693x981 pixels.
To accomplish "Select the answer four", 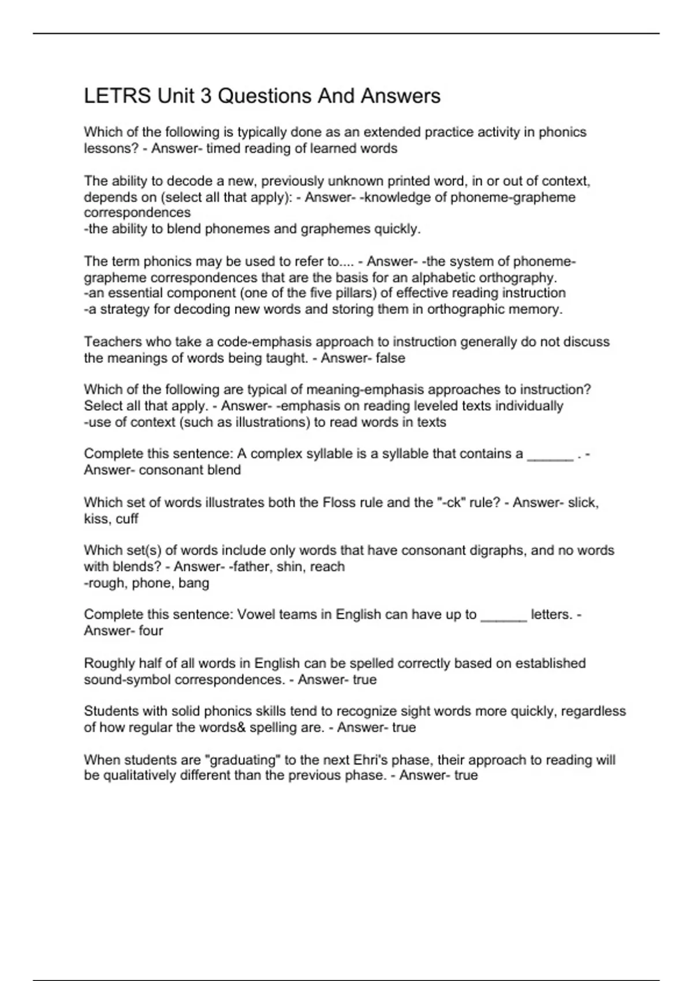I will [x=151, y=631].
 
